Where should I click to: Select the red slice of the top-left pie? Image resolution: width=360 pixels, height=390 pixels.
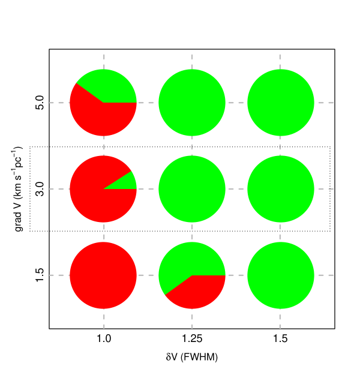click(x=99, y=117)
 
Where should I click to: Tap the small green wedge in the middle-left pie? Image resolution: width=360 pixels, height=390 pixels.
click(x=127, y=182)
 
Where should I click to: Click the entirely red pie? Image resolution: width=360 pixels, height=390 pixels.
click(x=103, y=275)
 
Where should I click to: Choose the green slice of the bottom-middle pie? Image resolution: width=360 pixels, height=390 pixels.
click(x=186, y=261)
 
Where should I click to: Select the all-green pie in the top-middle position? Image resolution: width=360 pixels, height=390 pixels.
click(x=192, y=103)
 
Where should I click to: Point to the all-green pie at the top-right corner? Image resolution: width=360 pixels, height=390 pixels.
click(x=281, y=103)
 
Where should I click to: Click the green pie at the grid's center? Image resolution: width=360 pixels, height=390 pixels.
click(x=192, y=189)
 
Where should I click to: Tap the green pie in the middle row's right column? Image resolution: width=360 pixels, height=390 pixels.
click(x=281, y=189)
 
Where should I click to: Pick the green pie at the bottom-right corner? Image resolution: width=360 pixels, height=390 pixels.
click(x=281, y=275)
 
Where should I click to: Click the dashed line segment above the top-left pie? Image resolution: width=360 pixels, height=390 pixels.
click(x=104, y=61)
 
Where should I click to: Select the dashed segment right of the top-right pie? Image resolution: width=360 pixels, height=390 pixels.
click(x=325, y=103)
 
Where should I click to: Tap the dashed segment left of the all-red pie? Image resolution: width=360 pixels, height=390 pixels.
click(x=59, y=275)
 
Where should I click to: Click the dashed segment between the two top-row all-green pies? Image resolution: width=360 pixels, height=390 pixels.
click(x=236, y=103)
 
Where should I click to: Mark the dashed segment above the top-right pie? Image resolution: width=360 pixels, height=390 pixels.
click(x=280, y=61)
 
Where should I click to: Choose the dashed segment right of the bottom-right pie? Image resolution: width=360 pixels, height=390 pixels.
click(x=325, y=275)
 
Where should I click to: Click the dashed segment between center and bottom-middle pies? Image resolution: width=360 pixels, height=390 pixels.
click(x=192, y=232)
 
